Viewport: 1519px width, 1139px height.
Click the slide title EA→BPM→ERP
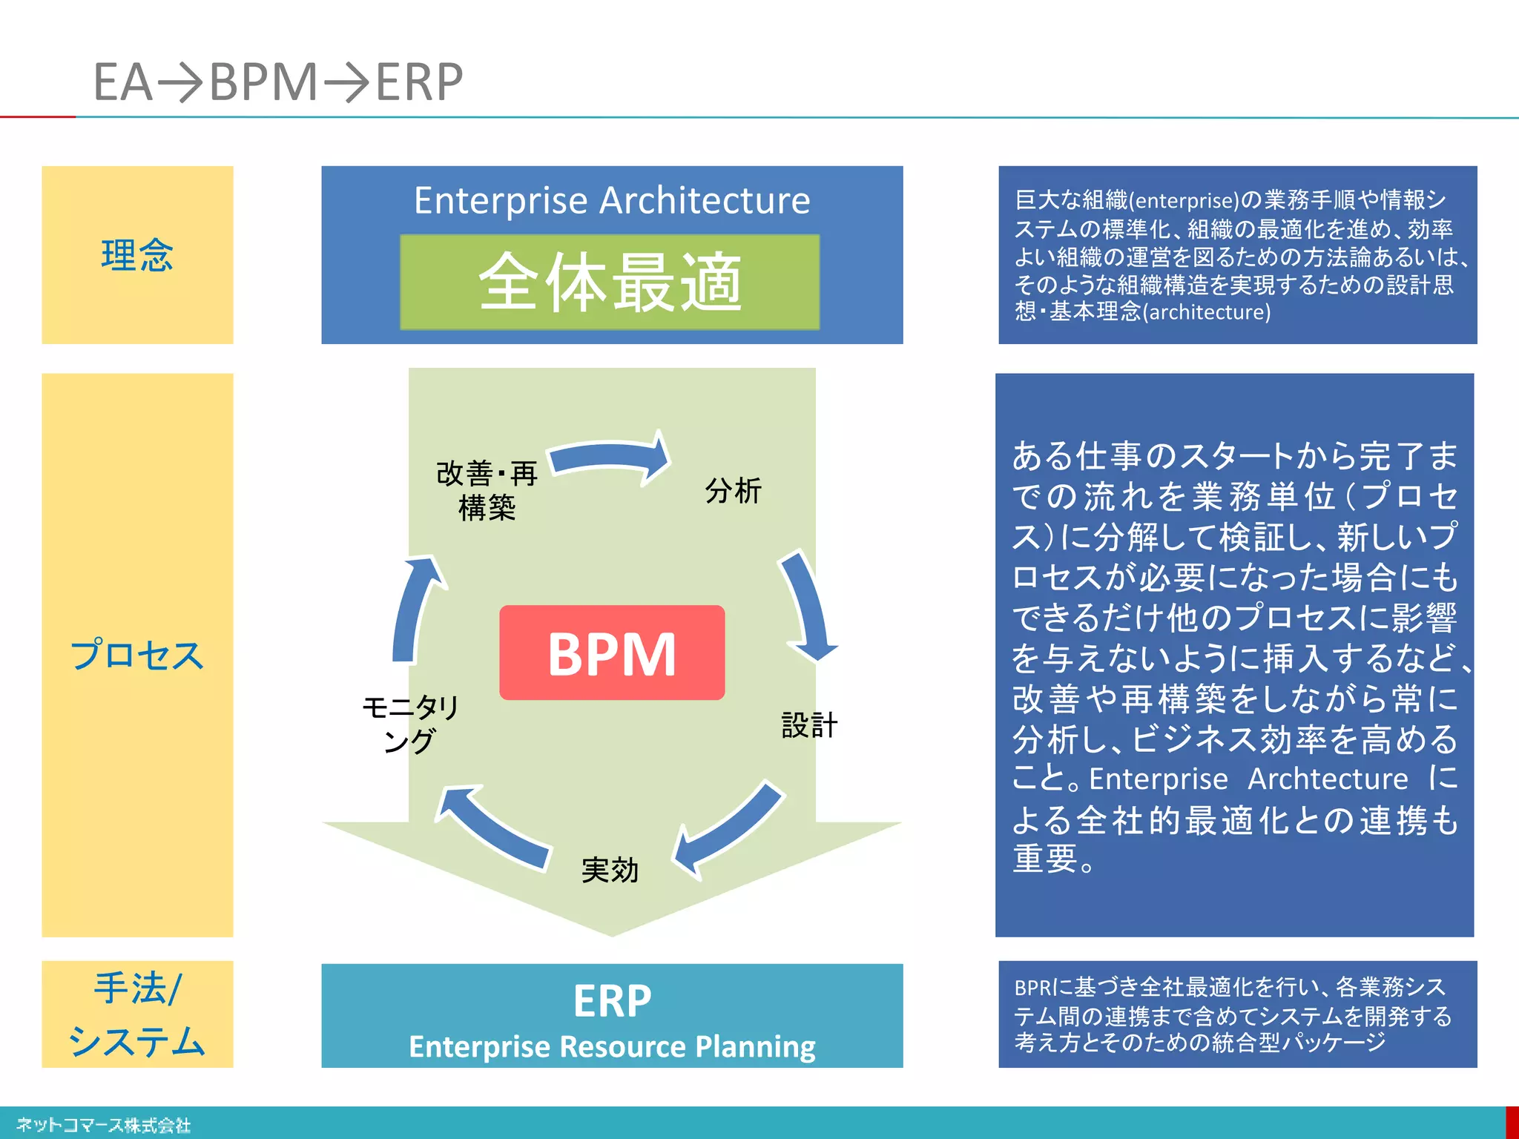pos(278,82)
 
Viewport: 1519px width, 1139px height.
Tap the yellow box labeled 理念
pos(137,255)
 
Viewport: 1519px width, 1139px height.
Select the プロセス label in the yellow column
pos(137,655)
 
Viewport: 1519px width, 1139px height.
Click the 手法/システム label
pos(137,1014)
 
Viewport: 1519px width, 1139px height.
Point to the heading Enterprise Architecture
pos(612,200)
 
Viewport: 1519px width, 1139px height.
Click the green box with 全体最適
pos(610,283)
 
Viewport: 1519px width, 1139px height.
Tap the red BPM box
pos(612,653)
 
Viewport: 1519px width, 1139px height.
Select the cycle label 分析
pos(733,491)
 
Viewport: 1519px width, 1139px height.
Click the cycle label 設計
pos(809,725)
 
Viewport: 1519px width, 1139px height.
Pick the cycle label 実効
pos(610,870)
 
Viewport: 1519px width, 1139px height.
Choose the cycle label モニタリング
pos(410,724)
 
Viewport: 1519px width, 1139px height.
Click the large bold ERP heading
pos(612,1001)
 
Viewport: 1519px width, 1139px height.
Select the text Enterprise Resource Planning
pos(612,1046)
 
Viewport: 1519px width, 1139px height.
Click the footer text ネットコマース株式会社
pos(104,1125)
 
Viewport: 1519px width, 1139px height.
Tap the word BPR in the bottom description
pos(1032,988)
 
